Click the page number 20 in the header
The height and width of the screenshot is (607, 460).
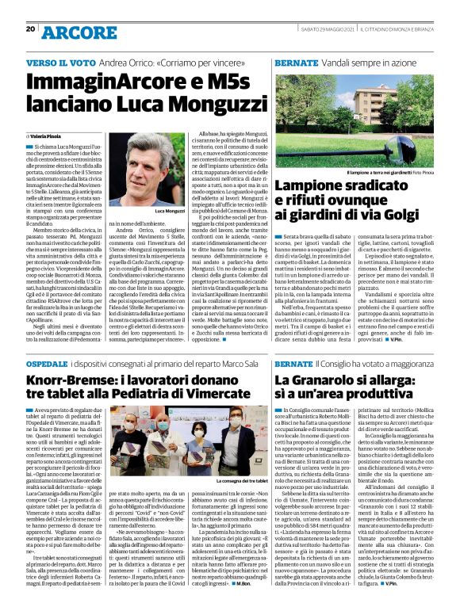30,29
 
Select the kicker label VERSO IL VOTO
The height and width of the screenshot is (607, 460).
56,61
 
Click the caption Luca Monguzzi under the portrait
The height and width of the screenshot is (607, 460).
167,211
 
